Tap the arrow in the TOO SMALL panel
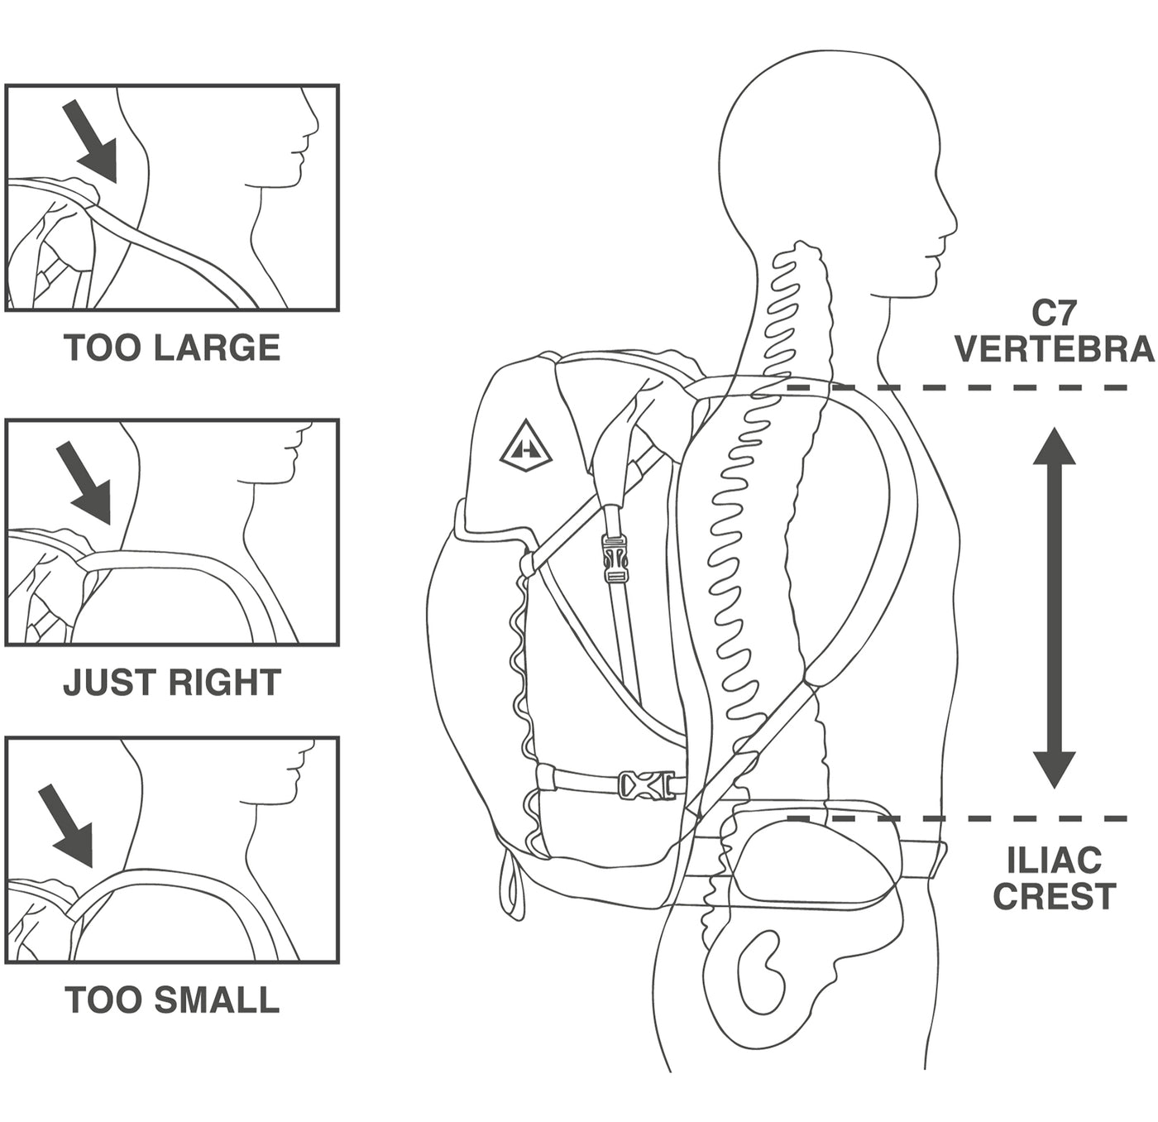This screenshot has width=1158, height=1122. coord(68,824)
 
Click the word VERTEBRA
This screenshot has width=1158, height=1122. coord(1054,349)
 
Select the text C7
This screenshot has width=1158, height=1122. coord(1054,313)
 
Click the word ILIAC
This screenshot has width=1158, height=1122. coord(1054,861)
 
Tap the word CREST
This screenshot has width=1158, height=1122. coord(1054,896)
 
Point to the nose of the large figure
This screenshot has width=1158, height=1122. coord(953,223)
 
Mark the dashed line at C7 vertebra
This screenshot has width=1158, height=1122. coord(959,387)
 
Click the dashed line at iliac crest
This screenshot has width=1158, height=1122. coord(959,819)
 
